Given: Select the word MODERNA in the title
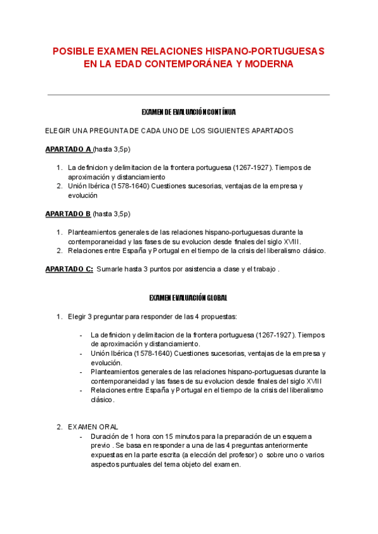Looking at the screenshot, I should pyautogui.click(x=262, y=64).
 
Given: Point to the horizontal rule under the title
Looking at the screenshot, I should pyautogui.click(x=188, y=95).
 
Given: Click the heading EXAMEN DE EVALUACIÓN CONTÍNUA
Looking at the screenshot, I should pyautogui.click(x=188, y=112).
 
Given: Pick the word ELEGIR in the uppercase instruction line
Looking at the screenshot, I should pyautogui.click(x=57, y=131).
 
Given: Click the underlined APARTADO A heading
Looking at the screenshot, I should pyautogui.click(x=68, y=149).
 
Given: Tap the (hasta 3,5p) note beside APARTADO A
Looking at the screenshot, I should pyautogui.click(x=112, y=149).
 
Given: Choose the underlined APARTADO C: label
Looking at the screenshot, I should pyautogui.click(x=69, y=269).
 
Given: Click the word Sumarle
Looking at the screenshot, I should pyautogui.click(x=111, y=269).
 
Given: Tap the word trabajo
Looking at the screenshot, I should pyautogui.click(x=265, y=269).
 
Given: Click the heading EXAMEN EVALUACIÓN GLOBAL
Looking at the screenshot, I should pyautogui.click(x=188, y=297).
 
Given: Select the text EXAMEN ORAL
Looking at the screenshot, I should pyautogui.click(x=93, y=426).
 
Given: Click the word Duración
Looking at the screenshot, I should pyautogui.click(x=106, y=436).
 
